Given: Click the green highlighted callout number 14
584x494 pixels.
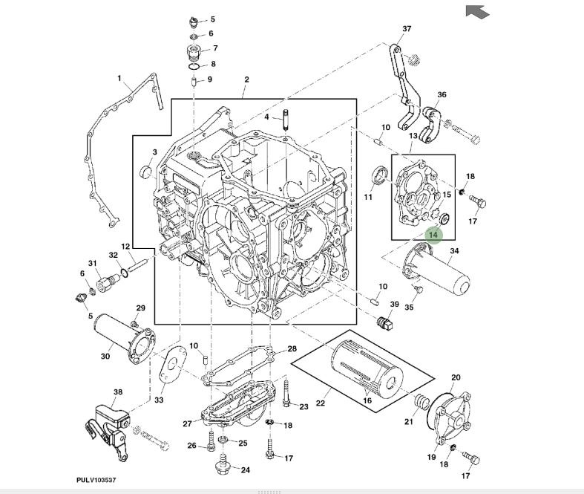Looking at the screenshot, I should (433, 235).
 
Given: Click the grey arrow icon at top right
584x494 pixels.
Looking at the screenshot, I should (477, 11).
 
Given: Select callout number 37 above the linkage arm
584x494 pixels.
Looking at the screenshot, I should (406, 29).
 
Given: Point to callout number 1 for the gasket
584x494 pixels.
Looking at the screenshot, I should (119, 78).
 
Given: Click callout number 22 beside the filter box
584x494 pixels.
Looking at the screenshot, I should (320, 403).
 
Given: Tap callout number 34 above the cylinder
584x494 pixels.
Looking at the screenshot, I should (454, 251).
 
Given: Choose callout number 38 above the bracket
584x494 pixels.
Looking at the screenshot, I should (117, 391).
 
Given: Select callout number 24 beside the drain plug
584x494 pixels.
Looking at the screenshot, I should (245, 469).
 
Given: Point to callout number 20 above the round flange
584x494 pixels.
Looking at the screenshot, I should (456, 377).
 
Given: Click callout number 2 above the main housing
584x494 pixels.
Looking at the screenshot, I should (246, 80).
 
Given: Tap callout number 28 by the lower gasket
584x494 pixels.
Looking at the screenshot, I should (292, 349).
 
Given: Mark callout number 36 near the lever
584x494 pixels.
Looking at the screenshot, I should (442, 95).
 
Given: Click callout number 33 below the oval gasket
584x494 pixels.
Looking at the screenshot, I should (159, 400).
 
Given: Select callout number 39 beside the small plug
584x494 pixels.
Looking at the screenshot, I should (395, 305).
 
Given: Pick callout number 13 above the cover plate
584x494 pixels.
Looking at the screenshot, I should (413, 137).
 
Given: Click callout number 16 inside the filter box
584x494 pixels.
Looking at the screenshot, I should (367, 401).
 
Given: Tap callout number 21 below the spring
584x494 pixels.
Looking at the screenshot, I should (408, 423).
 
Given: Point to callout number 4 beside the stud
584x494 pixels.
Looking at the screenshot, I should (267, 117).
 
